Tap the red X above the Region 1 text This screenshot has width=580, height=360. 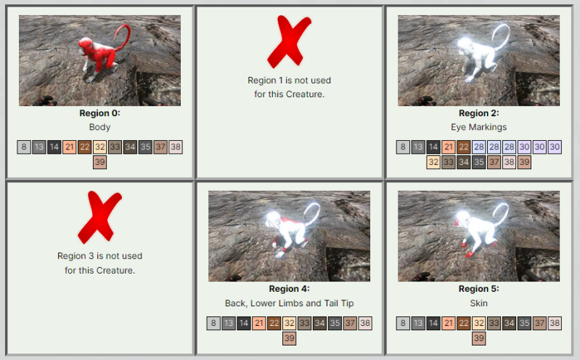click(289, 41)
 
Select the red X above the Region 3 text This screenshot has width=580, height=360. click(99, 217)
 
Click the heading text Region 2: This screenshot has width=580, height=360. click(478, 113)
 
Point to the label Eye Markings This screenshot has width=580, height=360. click(478, 127)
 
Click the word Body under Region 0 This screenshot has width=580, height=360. click(99, 127)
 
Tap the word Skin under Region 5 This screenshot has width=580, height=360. click(478, 303)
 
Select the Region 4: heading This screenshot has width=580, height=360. click(289, 289)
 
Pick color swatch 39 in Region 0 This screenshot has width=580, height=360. click(100, 162)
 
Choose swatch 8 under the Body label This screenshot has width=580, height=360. click(24, 147)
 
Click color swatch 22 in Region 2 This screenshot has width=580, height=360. click(463, 147)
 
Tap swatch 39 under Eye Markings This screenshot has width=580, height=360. click(524, 162)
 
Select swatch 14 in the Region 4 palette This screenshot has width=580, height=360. click(244, 323)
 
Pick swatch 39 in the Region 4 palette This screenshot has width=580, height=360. click(289, 338)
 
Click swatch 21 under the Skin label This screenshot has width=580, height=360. click(449, 323)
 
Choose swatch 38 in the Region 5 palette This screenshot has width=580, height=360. click(555, 323)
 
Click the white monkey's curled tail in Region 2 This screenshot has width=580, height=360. click(504, 35)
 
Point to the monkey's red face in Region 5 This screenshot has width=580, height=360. click(457, 222)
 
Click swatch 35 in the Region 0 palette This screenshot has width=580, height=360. click(145, 147)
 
